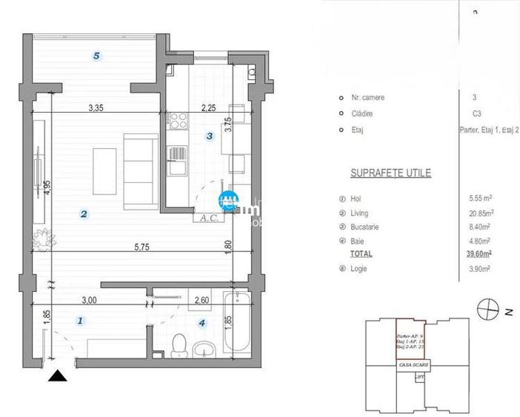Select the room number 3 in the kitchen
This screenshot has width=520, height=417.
[x=210, y=136]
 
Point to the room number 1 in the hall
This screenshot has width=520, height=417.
[x=81, y=321]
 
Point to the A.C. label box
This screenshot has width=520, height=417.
[x=204, y=218]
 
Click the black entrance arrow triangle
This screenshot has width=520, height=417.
[x=58, y=376]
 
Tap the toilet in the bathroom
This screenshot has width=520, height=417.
[x=178, y=346]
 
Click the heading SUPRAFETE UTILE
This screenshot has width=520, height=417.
[x=390, y=173]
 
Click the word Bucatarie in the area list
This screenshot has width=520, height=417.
[x=365, y=227]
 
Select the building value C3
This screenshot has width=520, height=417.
[x=476, y=114]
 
